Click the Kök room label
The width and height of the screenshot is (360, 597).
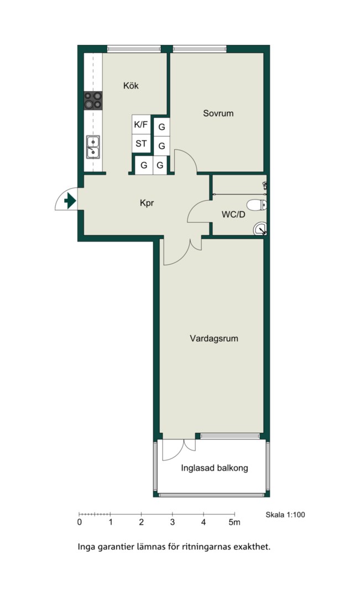click(x=131, y=86)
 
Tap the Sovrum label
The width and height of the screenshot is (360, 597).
click(x=218, y=113)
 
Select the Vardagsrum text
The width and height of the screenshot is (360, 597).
click(x=213, y=338)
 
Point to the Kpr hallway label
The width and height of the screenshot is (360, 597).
click(x=147, y=203)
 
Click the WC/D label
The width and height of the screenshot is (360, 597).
click(x=233, y=214)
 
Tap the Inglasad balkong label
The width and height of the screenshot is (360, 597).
click(x=215, y=468)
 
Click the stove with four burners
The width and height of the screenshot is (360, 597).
click(x=93, y=100)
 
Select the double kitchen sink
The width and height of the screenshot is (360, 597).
click(x=93, y=146)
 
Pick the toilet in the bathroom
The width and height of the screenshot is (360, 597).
click(x=257, y=205)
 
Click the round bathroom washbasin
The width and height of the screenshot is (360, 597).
click(x=260, y=228)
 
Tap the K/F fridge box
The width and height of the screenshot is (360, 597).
click(x=141, y=124)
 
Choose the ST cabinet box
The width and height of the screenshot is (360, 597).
click(x=141, y=144)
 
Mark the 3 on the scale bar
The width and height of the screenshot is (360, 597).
click(x=173, y=522)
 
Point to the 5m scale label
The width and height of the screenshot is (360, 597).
click(x=234, y=522)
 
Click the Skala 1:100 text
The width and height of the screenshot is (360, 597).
click(x=285, y=515)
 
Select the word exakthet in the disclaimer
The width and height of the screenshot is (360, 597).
click(x=252, y=547)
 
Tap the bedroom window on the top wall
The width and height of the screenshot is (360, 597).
click(x=200, y=49)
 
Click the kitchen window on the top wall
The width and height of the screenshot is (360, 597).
click(x=134, y=49)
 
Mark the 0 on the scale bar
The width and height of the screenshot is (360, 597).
click(x=79, y=522)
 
